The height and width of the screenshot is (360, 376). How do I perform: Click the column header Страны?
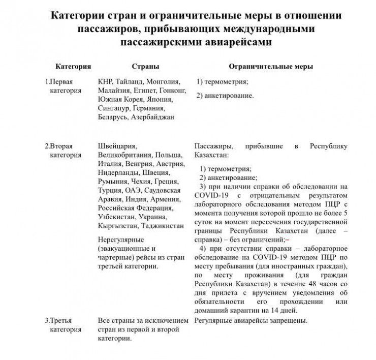coord(145,67)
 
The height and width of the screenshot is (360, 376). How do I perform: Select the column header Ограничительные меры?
coord(271,67)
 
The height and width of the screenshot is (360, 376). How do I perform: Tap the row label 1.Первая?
coord(62,81)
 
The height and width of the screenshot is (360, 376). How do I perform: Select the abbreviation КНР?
coord(105,81)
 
